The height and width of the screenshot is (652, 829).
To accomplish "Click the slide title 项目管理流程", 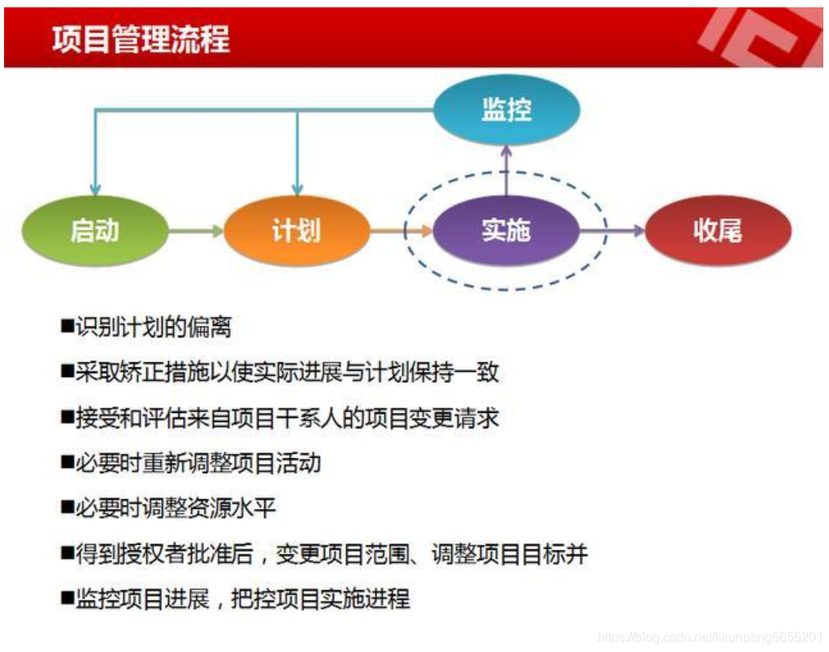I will click(141, 38).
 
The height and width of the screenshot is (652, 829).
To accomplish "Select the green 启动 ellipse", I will click(95, 231).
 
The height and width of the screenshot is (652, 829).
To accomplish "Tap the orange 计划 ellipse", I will click(296, 231).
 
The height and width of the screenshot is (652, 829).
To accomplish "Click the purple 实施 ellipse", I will click(506, 231).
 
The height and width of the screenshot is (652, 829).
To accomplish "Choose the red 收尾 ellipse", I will click(717, 231).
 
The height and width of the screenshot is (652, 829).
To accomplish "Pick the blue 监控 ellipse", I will click(506, 110).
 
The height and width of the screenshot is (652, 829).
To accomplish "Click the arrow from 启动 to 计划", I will click(196, 231).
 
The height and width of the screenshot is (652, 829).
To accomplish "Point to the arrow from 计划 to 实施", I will click(401, 231).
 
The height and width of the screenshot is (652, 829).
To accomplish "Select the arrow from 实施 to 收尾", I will click(611, 231).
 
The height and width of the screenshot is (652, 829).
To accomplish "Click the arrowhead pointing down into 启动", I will click(95, 188).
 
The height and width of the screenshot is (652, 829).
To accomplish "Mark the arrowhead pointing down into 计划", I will click(297, 188).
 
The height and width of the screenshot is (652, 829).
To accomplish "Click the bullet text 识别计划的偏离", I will click(154, 327).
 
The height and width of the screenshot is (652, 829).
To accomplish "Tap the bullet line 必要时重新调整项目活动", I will click(198, 463).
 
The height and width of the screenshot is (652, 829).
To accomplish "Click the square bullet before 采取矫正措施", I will click(67, 372).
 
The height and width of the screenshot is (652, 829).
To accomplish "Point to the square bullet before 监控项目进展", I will click(67, 600).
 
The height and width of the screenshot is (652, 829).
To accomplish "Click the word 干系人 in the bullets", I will click(340, 418).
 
